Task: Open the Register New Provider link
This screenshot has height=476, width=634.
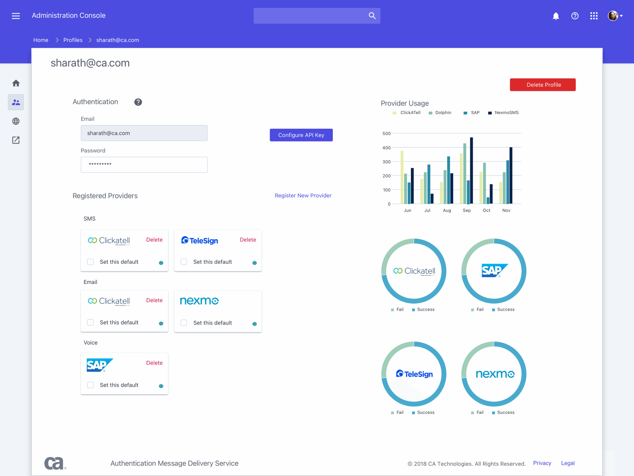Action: [303, 196]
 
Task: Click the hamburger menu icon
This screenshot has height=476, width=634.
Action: [16, 16]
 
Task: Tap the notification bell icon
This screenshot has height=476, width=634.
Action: [555, 16]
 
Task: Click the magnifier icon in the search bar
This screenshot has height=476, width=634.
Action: [372, 16]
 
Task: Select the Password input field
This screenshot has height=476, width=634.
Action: [144, 165]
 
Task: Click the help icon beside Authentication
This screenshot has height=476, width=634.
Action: [138, 102]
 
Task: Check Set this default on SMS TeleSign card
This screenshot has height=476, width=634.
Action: [184, 262]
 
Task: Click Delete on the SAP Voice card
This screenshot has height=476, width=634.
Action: [154, 363]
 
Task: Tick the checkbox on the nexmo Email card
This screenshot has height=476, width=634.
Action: [184, 323]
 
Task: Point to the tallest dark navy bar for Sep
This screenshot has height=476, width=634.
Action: [471, 170]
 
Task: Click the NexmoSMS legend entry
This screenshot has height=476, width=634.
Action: [506, 113]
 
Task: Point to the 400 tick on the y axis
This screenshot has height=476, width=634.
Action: [386, 148]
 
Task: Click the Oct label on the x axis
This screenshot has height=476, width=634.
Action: [486, 210]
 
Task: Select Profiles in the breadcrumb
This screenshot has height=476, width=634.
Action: [73, 40]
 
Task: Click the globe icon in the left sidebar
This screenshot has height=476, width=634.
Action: [16, 121]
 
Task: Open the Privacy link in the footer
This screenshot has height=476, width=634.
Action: [542, 463]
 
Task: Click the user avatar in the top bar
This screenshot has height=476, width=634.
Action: [612, 16]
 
